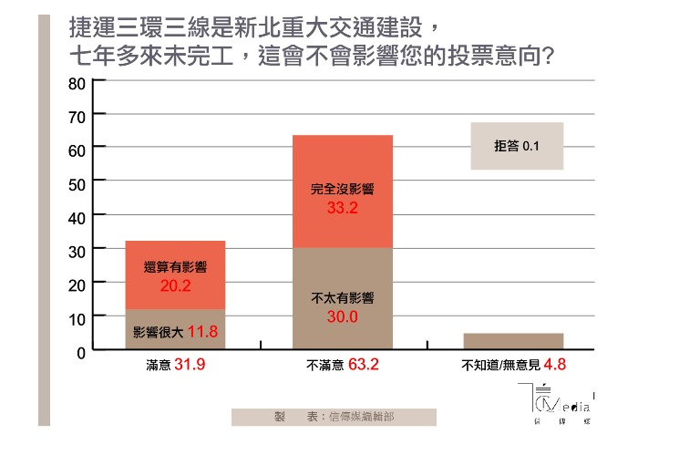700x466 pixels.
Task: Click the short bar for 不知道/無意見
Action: pyautogui.click(x=512, y=340)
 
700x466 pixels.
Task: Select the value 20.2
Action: pyautogui.click(x=175, y=285)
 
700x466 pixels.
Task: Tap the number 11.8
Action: pyautogui.click(x=201, y=331)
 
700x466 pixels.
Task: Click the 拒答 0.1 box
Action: pyautogui.click(x=517, y=146)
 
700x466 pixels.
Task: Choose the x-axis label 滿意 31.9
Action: pyautogui.click(x=175, y=366)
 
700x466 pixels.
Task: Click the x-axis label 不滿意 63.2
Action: pyautogui.click(x=342, y=366)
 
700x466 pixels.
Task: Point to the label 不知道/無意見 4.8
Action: pyautogui.click(x=512, y=366)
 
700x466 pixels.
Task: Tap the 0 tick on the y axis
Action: pyautogui.click(x=80, y=351)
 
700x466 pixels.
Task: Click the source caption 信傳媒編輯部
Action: pyautogui.click(x=334, y=417)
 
